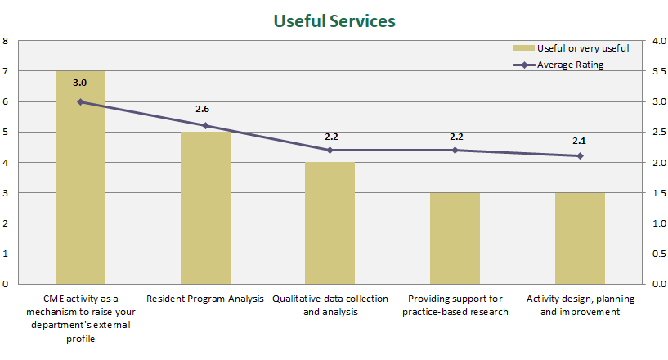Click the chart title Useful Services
[334, 20]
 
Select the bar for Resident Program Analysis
[205, 209]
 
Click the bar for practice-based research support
[455, 238]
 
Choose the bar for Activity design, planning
[580, 238]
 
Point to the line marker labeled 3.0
[80, 101]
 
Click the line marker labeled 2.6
[205, 126]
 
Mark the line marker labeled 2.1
[580, 155]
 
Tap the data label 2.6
[203, 109]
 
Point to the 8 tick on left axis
[6, 41]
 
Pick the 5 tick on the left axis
[6, 133]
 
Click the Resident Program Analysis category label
[205, 299]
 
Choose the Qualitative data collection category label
[330, 304]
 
